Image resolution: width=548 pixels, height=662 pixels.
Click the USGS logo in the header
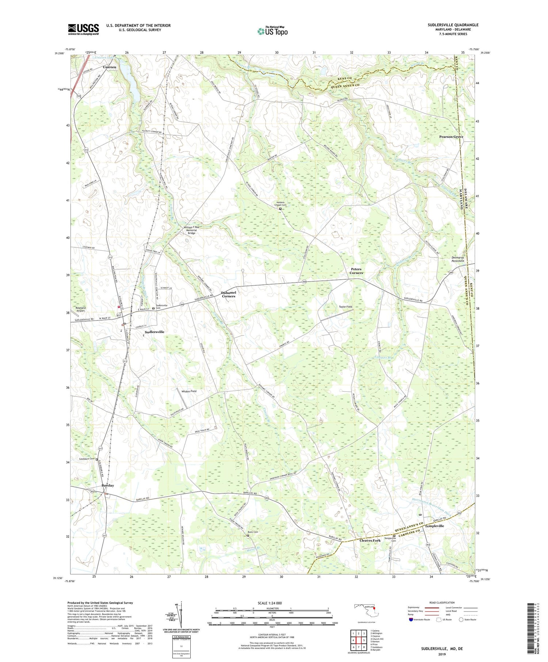coord(83,29)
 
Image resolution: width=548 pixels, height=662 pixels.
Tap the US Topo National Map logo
coord(272,31)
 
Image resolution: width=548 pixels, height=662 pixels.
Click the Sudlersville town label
coord(155,332)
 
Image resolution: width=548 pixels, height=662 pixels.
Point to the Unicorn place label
coord(109,67)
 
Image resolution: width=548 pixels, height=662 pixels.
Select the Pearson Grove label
coord(451,137)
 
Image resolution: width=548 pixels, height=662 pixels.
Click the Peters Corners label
coord(356,271)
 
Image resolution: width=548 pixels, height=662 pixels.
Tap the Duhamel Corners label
coord(229,294)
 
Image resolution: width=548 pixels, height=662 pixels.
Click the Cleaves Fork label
coord(370,540)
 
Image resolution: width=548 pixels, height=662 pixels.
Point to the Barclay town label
coord(108,485)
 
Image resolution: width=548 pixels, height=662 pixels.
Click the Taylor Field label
coord(345,307)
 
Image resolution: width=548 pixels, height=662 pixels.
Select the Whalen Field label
coord(189,391)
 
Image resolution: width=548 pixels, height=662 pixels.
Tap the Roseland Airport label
coord(80,309)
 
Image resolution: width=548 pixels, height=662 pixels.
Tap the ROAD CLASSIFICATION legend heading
coord(442,602)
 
